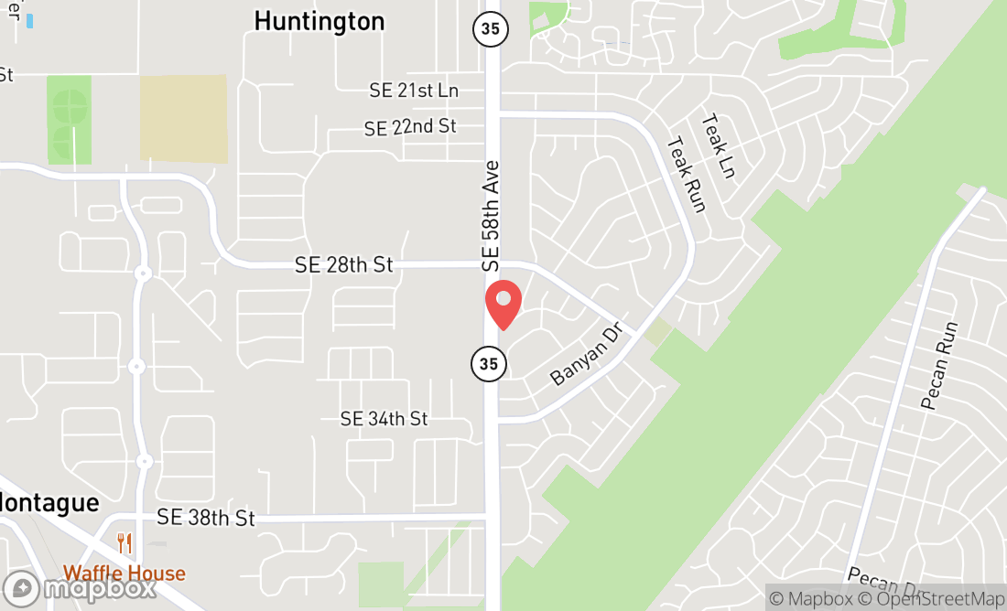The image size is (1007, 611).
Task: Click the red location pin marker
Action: [x=503, y=304]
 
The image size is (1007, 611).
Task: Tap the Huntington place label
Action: [x=319, y=21]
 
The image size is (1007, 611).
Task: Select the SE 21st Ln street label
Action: [x=414, y=91]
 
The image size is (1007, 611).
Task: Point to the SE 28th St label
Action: [x=343, y=265]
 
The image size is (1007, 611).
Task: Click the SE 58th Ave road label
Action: [x=492, y=216]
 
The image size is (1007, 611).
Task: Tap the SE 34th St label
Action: [x=384, y=419]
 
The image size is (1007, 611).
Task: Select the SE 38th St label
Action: [x=205, y=518]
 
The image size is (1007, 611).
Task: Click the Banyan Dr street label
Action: [x=586, y=354]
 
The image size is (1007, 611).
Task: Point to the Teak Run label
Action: [x=687, y=175]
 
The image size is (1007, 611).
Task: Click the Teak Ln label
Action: [x=719, y=146]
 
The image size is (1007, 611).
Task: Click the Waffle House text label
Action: [x=124, y=574]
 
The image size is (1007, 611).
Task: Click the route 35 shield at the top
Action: [x=490, y=28]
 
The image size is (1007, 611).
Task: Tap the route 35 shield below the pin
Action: [x=489, y=364]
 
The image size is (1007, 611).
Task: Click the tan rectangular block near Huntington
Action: [x=183, y=119]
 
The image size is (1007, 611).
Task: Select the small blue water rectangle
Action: [x=29, y=20]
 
